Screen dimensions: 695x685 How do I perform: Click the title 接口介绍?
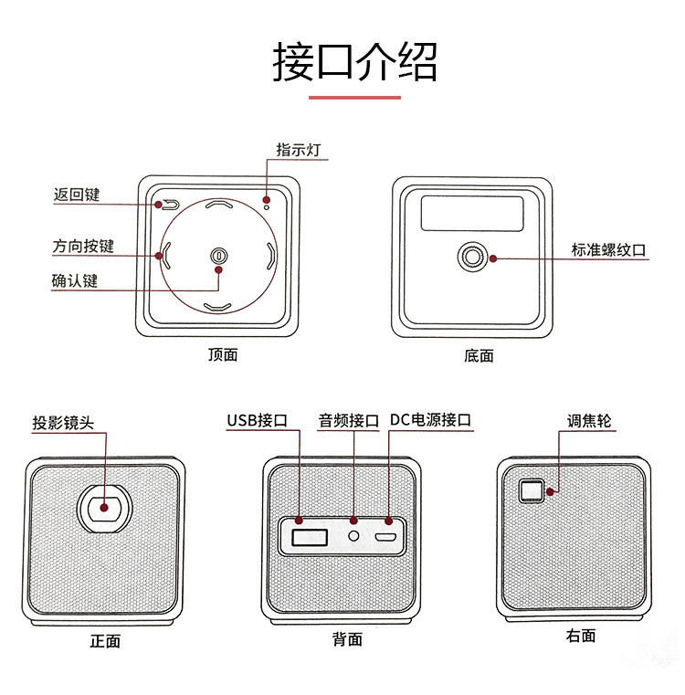tap(354, 61)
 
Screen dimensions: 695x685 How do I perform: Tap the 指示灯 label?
tap(299, 149)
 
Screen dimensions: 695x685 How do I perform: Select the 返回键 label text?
tap(77, 195)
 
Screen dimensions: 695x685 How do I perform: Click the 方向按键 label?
tap(83, 247)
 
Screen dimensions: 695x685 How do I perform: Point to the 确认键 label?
tap(74, 281)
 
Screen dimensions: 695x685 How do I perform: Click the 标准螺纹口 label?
tap(609, 249)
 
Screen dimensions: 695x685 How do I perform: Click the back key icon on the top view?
tap(170, 205)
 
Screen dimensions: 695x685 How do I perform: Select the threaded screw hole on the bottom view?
tap(472, 258)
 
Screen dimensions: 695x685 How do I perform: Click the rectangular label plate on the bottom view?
tap(471, 213)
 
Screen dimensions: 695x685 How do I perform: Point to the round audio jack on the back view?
tap(353, 532)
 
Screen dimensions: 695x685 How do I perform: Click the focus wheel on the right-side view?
tap(531, 491)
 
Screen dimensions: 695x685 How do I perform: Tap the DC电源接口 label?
tap(431, 421)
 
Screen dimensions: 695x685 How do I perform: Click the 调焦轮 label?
tap(589, 421)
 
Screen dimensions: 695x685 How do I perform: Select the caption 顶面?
tap(223, 355)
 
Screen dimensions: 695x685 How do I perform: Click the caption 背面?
tap(347, 640)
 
